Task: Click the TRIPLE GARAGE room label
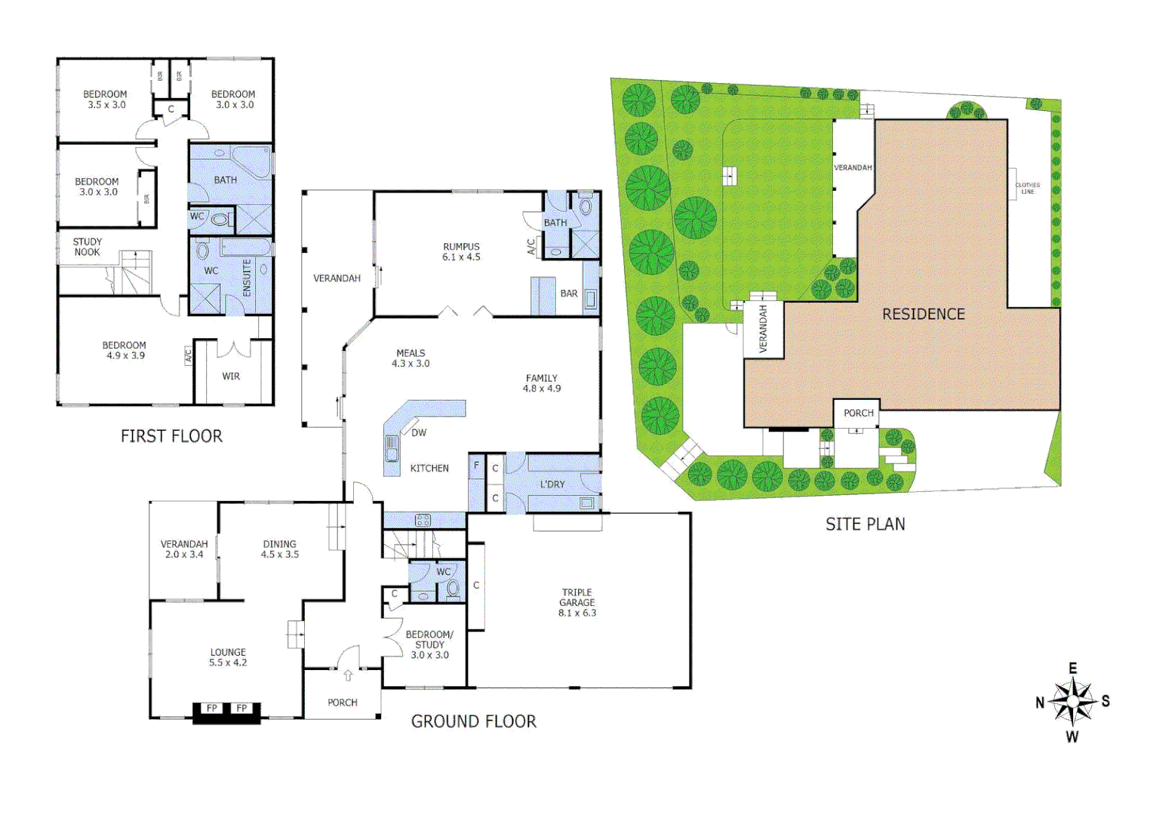click(577, 602)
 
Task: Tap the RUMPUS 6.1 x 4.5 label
click(461, 252)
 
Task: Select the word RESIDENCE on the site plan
click(924, 314)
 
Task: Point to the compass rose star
click(1072, 702)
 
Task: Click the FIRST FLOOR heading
click(171, 436)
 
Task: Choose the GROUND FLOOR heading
click(473, 721)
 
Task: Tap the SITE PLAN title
click(865, 524)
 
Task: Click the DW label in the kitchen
click(419, 432)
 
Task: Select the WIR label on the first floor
click(231, 376)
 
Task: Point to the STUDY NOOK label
click(87, 247)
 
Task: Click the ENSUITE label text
click(247, 278)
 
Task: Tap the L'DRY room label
click(552, 484)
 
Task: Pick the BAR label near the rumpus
click(569, 294)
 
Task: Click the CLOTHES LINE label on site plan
click(1027, 188)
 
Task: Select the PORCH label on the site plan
click(858, 413)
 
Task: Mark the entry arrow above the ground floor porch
click(348, 675)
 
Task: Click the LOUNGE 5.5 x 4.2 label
click(228, 657)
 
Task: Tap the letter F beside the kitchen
click(476, 466)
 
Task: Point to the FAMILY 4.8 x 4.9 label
click(542, 383)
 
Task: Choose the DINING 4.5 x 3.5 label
click(279, 549)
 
